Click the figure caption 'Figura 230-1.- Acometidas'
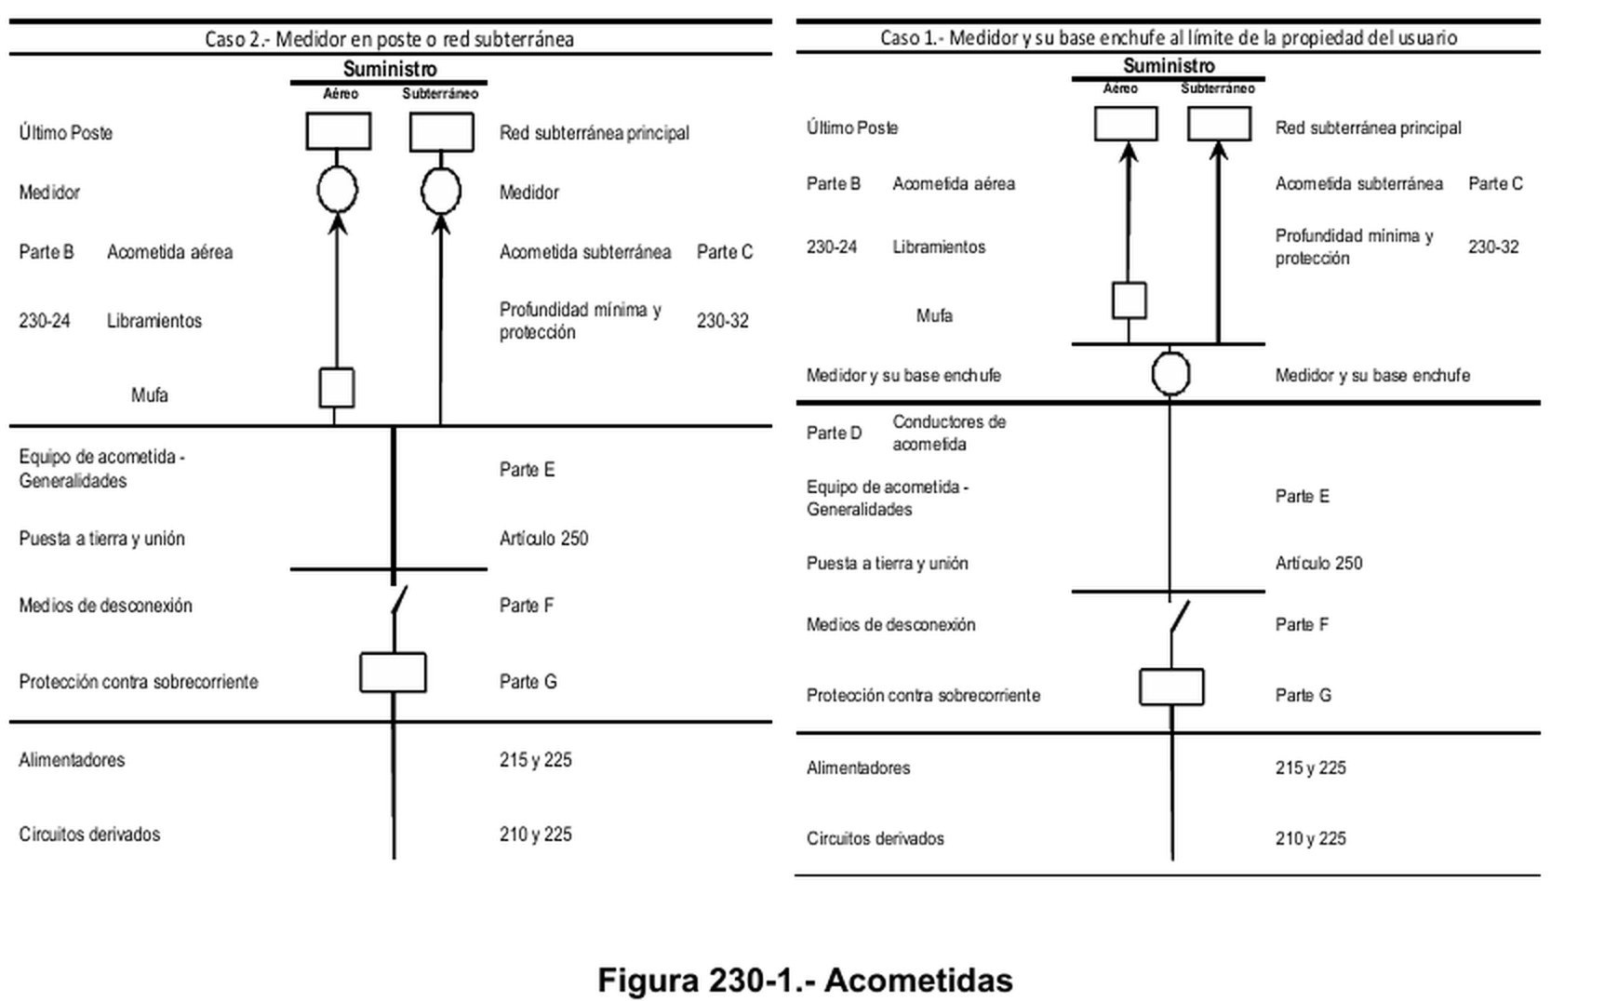(x=805, y=980)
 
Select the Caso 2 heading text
(x=389, y=39)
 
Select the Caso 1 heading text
(x=1169, y=37)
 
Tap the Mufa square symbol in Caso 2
(x=337, y=388)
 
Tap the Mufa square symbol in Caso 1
(x=1129, y=300)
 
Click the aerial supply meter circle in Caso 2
(x=337, y=191)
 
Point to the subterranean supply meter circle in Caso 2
(x=441, y=191)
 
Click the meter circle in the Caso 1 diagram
(x=1170, y=374)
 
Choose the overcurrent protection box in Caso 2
(x=393, y=673)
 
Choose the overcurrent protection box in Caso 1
(x=1171, y=687)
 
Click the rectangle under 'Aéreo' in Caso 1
(x=1126, y=124)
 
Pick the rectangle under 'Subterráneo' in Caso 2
(x=442, y=132)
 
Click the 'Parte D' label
(x=835, y=434)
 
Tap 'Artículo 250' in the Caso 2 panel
(x=544, y=539)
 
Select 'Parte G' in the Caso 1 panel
(x=1303, y=696)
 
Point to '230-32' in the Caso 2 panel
(x=723, y=321)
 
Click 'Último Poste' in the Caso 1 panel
(x=852, y=128)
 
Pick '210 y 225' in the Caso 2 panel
(x=536, y=834)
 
